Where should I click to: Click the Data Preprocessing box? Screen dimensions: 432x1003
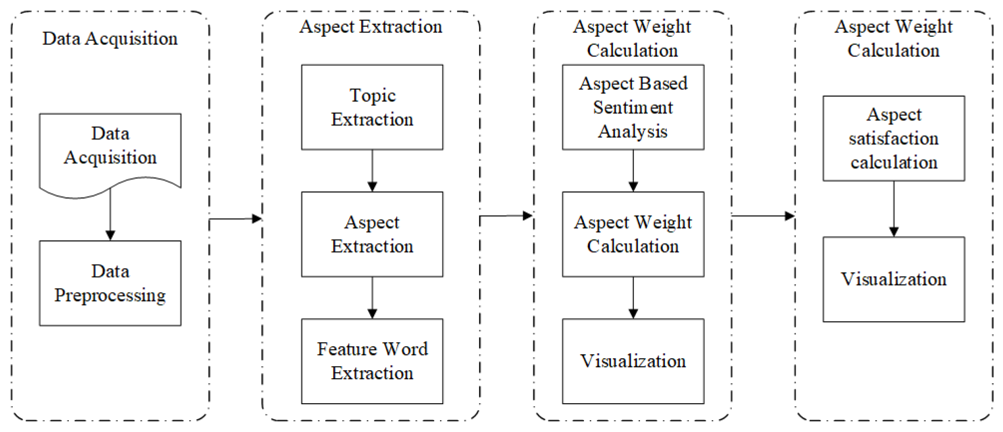110,283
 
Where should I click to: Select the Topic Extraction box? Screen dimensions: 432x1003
372,107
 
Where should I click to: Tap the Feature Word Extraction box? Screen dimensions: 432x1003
372,361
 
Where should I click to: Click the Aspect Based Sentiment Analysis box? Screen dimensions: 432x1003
633,107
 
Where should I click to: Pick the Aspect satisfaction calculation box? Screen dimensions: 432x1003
894,138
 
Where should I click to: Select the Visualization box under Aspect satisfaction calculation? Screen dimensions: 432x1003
894,279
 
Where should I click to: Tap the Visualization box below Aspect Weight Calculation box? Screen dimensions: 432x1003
633,361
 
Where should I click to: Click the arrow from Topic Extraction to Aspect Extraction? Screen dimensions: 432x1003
372,171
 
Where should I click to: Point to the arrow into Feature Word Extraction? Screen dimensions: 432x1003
372,298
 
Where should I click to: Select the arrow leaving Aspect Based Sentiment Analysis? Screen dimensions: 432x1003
633,171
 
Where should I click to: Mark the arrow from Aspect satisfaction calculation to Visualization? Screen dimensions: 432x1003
894,209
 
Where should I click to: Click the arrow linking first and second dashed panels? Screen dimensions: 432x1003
235,218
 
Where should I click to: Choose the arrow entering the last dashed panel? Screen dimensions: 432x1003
763,216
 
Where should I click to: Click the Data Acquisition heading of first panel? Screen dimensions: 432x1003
110,38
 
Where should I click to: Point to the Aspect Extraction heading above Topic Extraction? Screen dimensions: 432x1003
371,27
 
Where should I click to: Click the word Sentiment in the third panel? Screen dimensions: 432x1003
633,107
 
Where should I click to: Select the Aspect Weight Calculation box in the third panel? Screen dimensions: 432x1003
633,234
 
